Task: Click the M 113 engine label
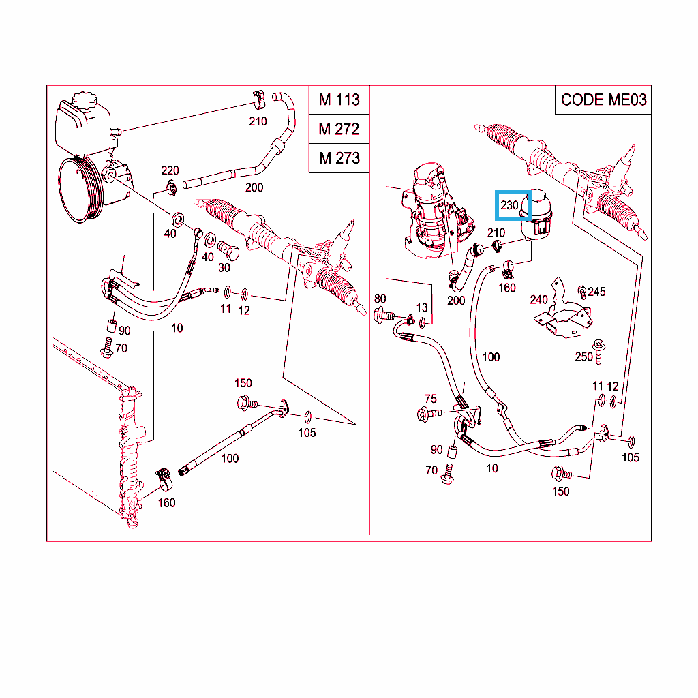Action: [339, 100]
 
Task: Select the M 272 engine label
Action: [339, 129]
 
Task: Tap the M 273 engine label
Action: [339, 158]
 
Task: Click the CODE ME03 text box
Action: [603, 100]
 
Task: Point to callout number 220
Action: [170, 170]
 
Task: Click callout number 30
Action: [224, 268]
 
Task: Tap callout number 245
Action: [596, 292]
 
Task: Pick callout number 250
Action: [584, 356]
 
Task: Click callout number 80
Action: [380, 299]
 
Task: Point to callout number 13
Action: [423, 308]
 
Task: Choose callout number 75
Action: [430, 399]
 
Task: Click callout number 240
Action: [539, 299]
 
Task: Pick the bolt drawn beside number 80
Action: [385, 315]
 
